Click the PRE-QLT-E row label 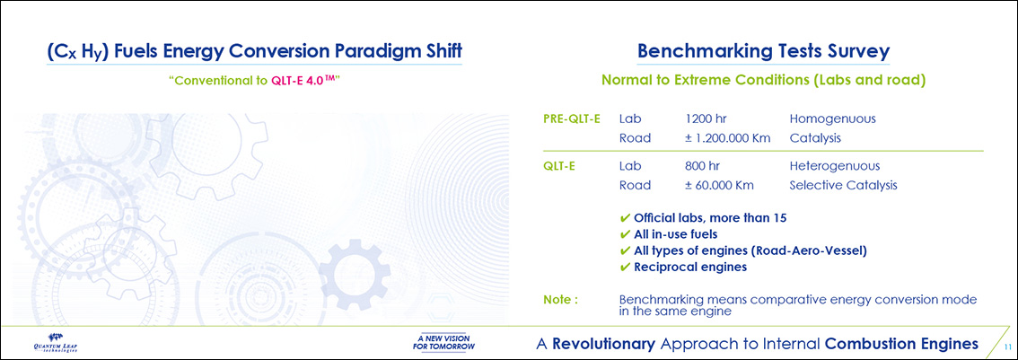coord(571,119)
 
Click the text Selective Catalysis coord(843,185)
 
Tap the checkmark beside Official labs coord(625,217)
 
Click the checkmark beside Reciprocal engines coord(625,267)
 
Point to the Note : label coord(560,300)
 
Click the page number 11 coord(1007,345)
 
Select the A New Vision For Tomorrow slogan coord(443,342)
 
